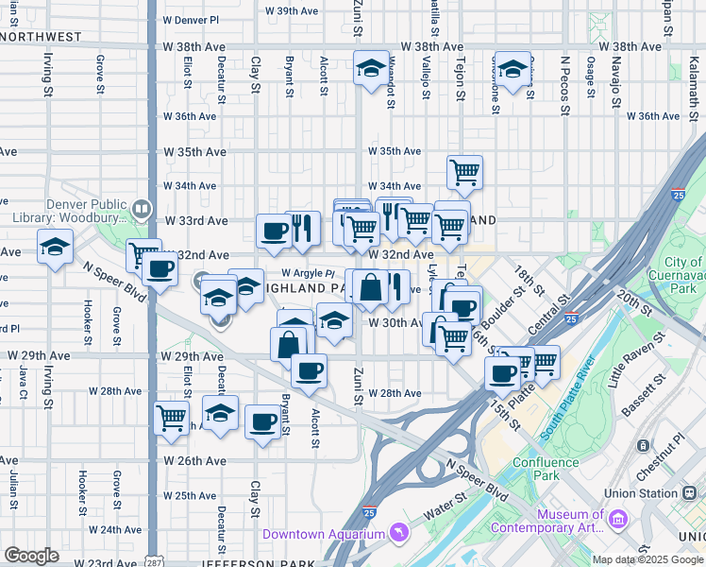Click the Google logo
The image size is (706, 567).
coord(30,556)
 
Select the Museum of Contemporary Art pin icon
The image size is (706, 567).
coord(618,519)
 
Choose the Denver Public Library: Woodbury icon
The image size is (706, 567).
coord(142,208)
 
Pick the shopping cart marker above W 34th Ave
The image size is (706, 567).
coord(464,172)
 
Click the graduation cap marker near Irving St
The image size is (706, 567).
coord(56,247)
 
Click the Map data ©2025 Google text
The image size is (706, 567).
coord(648,559)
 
